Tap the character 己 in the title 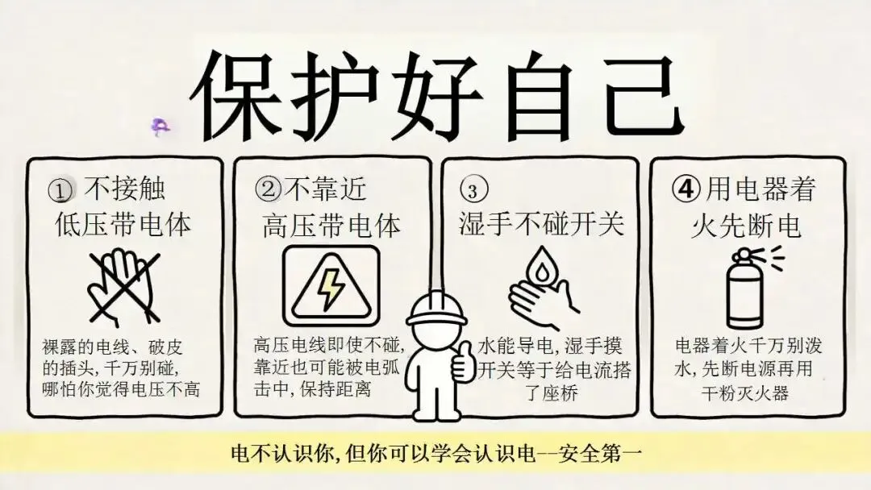click(x=644, y=95)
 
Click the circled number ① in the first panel click(x=60, y=190)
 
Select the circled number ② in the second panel click(x=269, y=189)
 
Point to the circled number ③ click(x=473, y=189)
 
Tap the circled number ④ click(x=686, y=189)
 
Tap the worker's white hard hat click(x=436, y=309)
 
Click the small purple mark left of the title click(x=160, y=127)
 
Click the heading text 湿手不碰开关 click(x=541, y=223)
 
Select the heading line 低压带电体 click(x=123, y=224)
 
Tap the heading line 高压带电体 click(x=331, y=226)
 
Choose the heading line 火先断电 click(x=746, y=226)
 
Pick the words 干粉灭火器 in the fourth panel click(x=745, y=393)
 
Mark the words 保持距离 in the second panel click(x=335, y=388)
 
